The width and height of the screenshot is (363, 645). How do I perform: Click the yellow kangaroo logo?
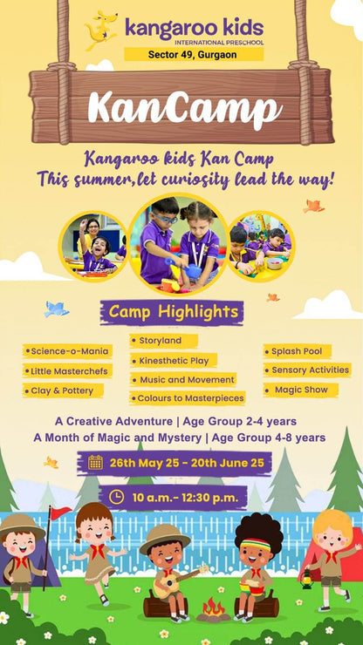pyautogui.click(x=101, y=30)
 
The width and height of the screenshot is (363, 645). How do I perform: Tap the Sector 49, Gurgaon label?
pyautogui.click(x=193, y=54)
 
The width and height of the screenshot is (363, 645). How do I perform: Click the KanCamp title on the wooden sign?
pyautogui.click(x=184, y=108)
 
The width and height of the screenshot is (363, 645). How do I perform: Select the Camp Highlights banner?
pyautogui.click(x=171, y=311)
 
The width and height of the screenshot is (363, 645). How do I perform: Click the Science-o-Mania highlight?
pyautogui.click(x=68, y=351)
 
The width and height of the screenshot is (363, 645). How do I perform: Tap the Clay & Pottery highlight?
pyautogui.click(x=63, y=390)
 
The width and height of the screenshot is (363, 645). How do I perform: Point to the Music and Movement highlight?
pyautogui.click(x=184, y=379)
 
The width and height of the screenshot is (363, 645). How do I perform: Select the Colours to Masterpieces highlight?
pyautogui.click(x=190, y=398)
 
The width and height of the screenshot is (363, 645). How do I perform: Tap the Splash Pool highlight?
pyautogui.click(x=295, y=351)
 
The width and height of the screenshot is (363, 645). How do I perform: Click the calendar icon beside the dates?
pyautogui.click(x=95, y=462)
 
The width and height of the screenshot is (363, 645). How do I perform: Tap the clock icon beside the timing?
pyautogui.click(x=117, y=497)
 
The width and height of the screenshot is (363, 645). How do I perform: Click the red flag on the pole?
pyautogui.click(x=60, y=512)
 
